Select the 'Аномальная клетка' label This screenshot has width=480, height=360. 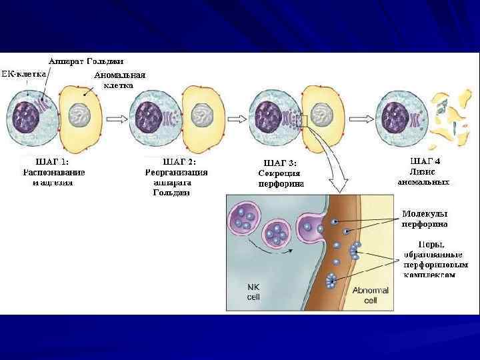point(120,80)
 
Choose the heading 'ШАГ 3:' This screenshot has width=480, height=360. point(281,162)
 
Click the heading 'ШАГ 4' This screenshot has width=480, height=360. point(425,161)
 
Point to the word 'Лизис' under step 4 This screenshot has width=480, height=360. point(425,171)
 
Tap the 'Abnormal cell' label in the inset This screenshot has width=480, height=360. point(368,296)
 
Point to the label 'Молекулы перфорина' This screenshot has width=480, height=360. point(425,219)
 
